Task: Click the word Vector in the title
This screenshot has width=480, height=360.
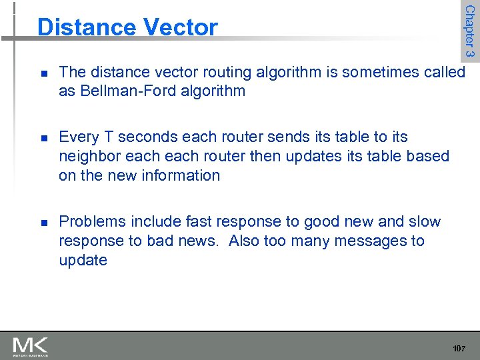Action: point(180,27)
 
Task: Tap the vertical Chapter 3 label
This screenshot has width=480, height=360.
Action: point(469,31)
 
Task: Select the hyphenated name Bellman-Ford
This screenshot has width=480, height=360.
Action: point(120,91)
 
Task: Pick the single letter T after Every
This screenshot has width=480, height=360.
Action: point(105,137)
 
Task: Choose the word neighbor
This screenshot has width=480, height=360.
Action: point(89,156)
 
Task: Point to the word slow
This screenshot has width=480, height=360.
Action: point(425,221)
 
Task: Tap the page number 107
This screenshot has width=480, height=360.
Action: point(459,349)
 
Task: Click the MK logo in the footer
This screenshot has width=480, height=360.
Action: point(31,346)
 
